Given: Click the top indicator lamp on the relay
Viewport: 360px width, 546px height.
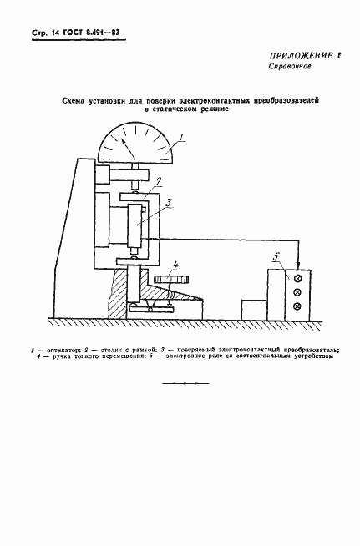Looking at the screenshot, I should pos(297,278).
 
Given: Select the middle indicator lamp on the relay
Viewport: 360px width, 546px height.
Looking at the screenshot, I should pos(297,293).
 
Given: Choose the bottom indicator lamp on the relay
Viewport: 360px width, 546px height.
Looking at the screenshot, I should pos(297,308).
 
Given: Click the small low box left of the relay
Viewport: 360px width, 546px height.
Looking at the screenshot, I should pos(252,310).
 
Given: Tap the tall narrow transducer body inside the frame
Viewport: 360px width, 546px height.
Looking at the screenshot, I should pos(135,226).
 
